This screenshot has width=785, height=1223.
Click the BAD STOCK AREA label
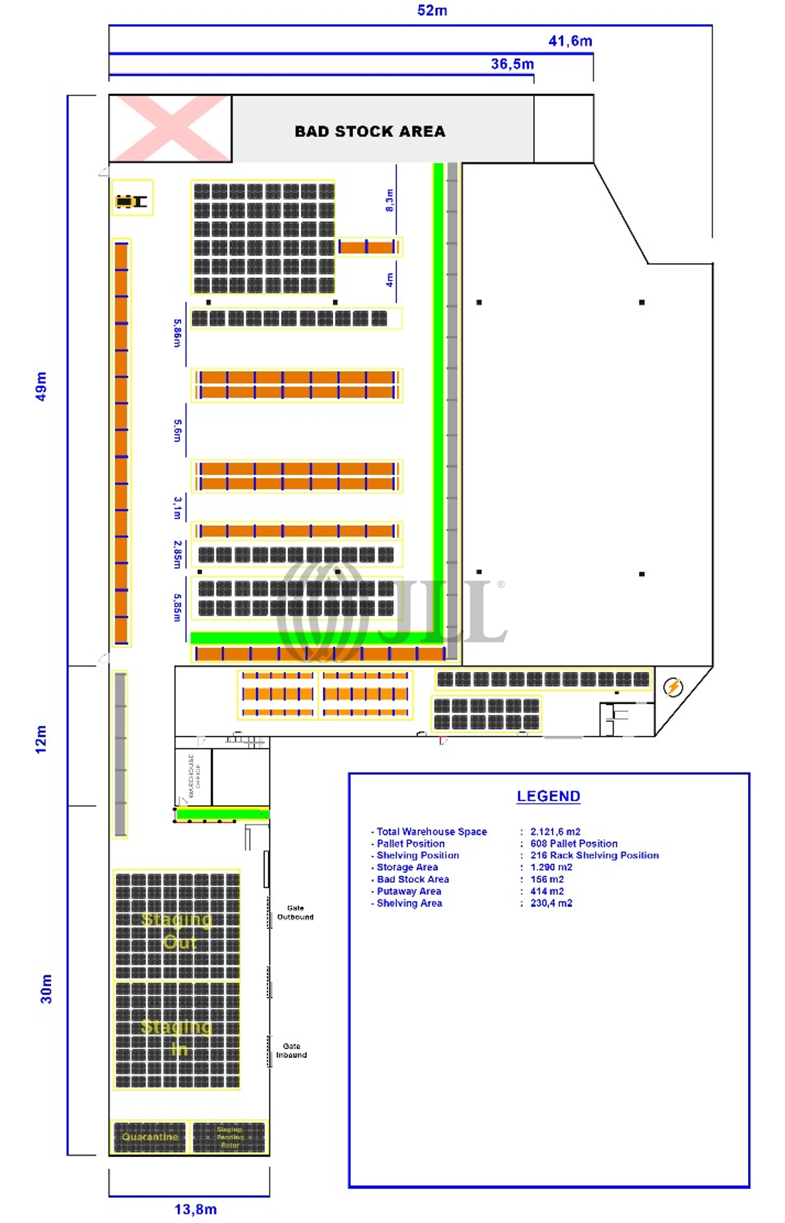pos(369,132)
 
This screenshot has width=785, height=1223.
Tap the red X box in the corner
pos(171,129)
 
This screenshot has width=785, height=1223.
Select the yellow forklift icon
pos(131,201)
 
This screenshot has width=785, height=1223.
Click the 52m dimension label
pos(432,11)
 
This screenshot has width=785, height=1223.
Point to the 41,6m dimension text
pos(570,41)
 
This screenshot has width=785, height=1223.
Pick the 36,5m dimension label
pos(512,64)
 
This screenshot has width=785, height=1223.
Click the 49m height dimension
pos(41,386)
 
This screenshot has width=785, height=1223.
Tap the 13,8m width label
pos(196,1209)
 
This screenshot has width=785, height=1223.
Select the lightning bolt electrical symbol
pos(673,687)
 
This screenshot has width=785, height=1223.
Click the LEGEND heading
pos(548,797)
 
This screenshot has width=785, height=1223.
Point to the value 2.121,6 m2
pos(555,831)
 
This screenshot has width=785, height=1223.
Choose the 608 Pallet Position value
pos(574,844)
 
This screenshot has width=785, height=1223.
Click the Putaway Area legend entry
pos(409,891)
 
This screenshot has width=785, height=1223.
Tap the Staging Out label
pos(177,930)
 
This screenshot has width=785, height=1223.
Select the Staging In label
pos(177,1037)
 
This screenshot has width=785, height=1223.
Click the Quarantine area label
pos(149,1137)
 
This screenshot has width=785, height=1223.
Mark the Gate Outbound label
pos(295,913)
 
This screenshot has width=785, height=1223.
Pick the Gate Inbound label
pos(292,1051)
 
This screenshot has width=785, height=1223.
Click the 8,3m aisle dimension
pos(389,200)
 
